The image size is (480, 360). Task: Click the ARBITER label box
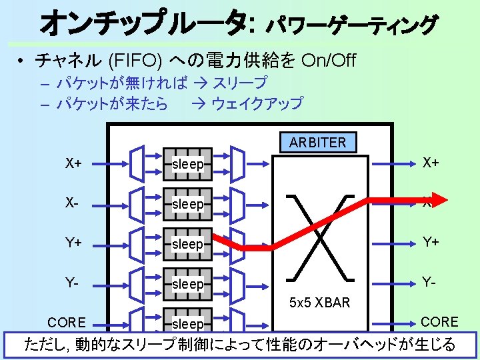(318, 142)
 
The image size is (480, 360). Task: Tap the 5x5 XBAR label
(319, 303)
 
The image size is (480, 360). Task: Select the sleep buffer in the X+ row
(187, 164)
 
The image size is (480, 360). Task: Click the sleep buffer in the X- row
(187, 204)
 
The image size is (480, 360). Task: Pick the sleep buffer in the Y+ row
(187, 244)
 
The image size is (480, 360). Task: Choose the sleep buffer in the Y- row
(187, 284)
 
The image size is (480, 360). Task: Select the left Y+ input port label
(74, 243)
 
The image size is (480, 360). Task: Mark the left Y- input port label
(73, 283)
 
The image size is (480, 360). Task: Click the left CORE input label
(67, 323)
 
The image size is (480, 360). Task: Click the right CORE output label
(439, 321)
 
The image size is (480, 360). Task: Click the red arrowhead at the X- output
(437, 199)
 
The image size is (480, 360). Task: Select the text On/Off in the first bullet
(329, 61)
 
